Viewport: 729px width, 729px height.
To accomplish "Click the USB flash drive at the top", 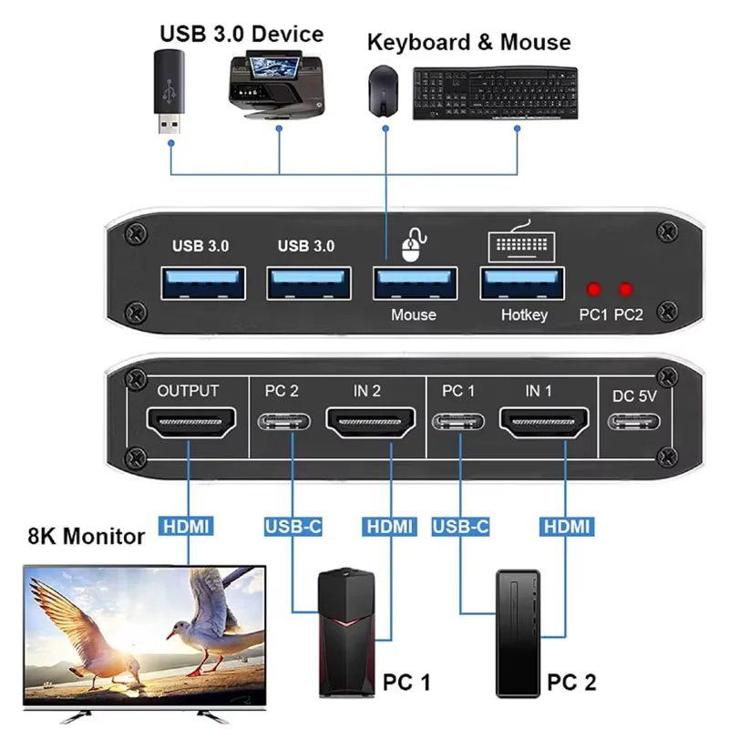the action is click(169, 91).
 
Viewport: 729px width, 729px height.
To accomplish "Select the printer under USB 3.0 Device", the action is click(278, 87).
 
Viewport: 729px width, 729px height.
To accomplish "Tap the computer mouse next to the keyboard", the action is click(383, 91).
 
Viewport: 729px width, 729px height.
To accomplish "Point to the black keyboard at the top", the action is click(496, 93).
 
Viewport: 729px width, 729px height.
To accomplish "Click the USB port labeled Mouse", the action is click(416, 283).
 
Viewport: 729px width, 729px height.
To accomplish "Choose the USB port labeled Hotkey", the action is click(522, 283).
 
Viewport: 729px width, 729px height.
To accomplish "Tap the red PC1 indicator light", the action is click(594, 289).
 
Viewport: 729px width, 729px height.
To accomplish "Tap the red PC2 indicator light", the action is click(626, 289).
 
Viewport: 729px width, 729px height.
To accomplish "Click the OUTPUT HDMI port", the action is click(190, 422).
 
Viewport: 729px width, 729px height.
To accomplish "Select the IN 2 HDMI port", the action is click(371, 422).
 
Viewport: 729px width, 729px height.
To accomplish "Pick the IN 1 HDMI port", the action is click(544, 422).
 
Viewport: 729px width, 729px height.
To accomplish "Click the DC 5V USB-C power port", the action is click(633, 422).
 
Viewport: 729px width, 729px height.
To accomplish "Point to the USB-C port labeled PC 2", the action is click(284, 422).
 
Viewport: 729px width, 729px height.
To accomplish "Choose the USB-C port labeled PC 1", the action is click(458, 422).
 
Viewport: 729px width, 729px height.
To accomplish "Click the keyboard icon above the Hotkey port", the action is click(521, 241).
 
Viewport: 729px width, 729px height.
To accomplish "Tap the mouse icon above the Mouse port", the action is click(413, 245).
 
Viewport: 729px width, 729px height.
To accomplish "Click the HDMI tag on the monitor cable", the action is click(186, 527).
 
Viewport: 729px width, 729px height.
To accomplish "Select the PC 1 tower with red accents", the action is click(347, 632).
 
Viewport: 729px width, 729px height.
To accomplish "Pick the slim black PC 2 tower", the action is click(518, 633).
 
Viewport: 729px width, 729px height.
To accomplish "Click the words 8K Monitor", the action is click(87, 536).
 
